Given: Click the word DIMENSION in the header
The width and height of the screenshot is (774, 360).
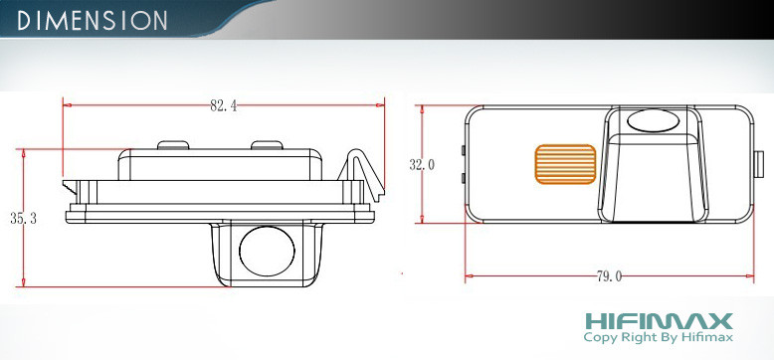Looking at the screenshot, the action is (92, 20).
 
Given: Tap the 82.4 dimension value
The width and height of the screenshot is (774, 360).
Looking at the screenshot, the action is (223, 106).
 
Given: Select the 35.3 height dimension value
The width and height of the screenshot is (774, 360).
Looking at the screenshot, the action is (23, 219).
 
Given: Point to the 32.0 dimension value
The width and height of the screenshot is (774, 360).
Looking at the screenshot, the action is (422, 165).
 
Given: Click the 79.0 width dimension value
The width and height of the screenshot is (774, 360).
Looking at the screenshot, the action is (609, 276).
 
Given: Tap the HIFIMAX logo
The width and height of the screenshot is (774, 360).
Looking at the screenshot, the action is (659, 321).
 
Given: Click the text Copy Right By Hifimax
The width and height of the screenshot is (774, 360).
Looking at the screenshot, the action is (658, 338).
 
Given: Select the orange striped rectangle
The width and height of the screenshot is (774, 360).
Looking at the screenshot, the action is (565, 164).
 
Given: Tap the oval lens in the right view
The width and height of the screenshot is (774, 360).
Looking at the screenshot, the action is (653, 120).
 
